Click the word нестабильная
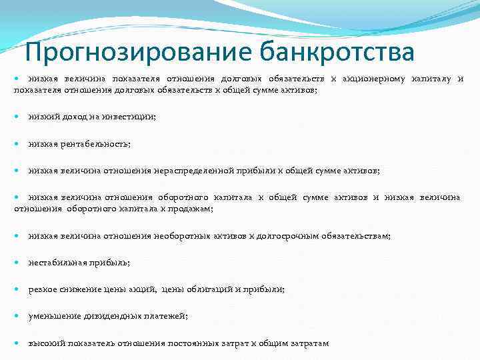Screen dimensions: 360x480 tap(56, 263)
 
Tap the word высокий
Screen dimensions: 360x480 tap(46, 343)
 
